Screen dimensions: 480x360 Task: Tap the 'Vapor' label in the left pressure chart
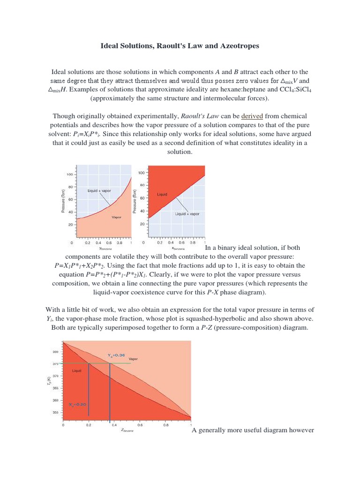coord(116,217)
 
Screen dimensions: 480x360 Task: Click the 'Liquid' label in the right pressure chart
coord(162,195)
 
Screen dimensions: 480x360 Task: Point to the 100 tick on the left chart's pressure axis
coord(69,174)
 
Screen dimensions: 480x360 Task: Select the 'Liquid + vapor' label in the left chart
coord(99,191)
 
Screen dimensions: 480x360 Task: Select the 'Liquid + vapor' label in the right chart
coord(187,214)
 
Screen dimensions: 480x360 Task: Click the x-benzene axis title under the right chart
coord(178,249)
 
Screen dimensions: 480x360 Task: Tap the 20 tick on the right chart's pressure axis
coord(141,225)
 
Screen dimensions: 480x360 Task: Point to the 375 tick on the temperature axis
coord(55,363)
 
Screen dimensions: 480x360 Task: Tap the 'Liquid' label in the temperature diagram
coord(77,371)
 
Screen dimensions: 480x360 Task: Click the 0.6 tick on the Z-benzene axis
coord(140,425)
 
